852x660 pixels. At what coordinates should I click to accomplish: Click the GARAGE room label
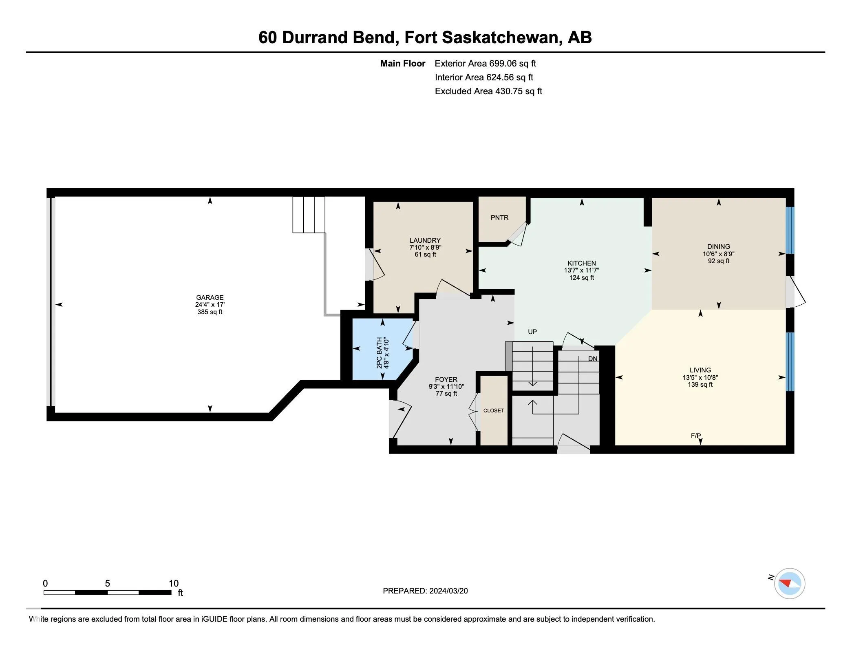coord(210,297)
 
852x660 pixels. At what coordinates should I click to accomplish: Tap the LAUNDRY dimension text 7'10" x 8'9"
coord(425,248)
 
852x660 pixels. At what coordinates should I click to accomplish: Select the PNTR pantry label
coord(499,218)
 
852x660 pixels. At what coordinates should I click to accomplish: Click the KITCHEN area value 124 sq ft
coord(581,278)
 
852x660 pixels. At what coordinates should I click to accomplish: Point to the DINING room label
coord(718,246)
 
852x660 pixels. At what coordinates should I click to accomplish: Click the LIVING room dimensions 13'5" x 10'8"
coord(700,378)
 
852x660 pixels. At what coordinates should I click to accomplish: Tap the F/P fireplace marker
coord(695,436)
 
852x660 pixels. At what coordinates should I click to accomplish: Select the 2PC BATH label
coord(380,353)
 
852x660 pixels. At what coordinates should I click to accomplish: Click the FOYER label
coord(446,379)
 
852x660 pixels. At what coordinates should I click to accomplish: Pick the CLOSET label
coord(494,410)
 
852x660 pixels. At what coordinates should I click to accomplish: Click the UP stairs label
coord(532,332)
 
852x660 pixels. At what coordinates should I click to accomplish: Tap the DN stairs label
coord(592,359)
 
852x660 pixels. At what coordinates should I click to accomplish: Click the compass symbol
coord(789,583)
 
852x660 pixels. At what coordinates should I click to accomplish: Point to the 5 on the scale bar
coord(107,583)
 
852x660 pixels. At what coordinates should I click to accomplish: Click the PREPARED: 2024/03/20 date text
coord(425,591)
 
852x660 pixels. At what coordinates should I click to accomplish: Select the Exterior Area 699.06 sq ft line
coord(485,64)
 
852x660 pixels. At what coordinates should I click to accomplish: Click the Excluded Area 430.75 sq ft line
coord(488,91)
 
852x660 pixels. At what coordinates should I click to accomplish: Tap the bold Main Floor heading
coord(402,64)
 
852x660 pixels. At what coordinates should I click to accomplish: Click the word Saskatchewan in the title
coord(499,38)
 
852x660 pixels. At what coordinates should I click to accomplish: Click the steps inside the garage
coord(309,215)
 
